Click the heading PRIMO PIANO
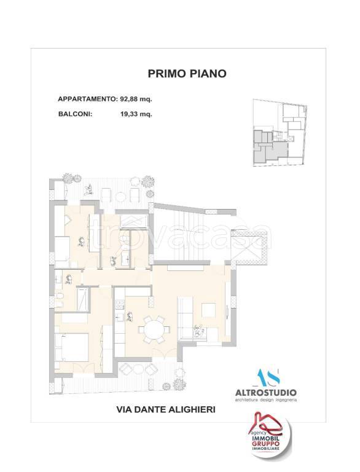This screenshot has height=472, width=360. [187, 74]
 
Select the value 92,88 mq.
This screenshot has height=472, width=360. [135, 98]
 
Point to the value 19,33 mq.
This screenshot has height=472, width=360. [136, 113]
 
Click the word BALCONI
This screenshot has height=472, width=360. [76, 113]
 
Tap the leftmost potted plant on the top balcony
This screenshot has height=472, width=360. [67, 179]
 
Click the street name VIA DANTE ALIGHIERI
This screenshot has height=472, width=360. [165, 409]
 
